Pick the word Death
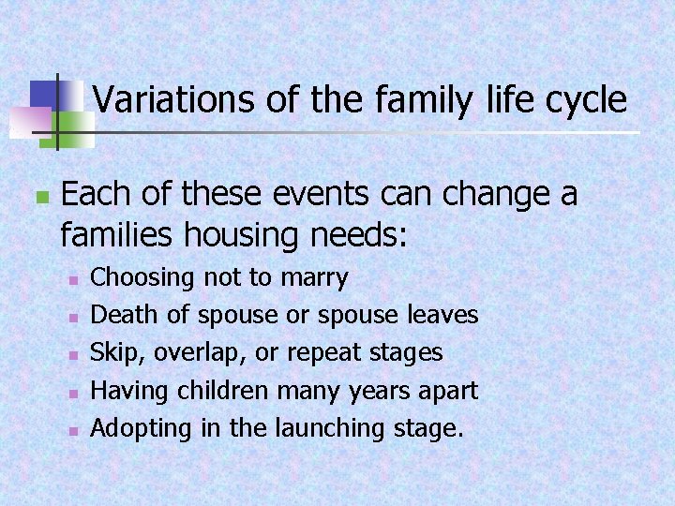(117, 316)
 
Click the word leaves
(443, 316)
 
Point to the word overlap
(190, 353)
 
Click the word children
(221, 391)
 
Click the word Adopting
(138, 428)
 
